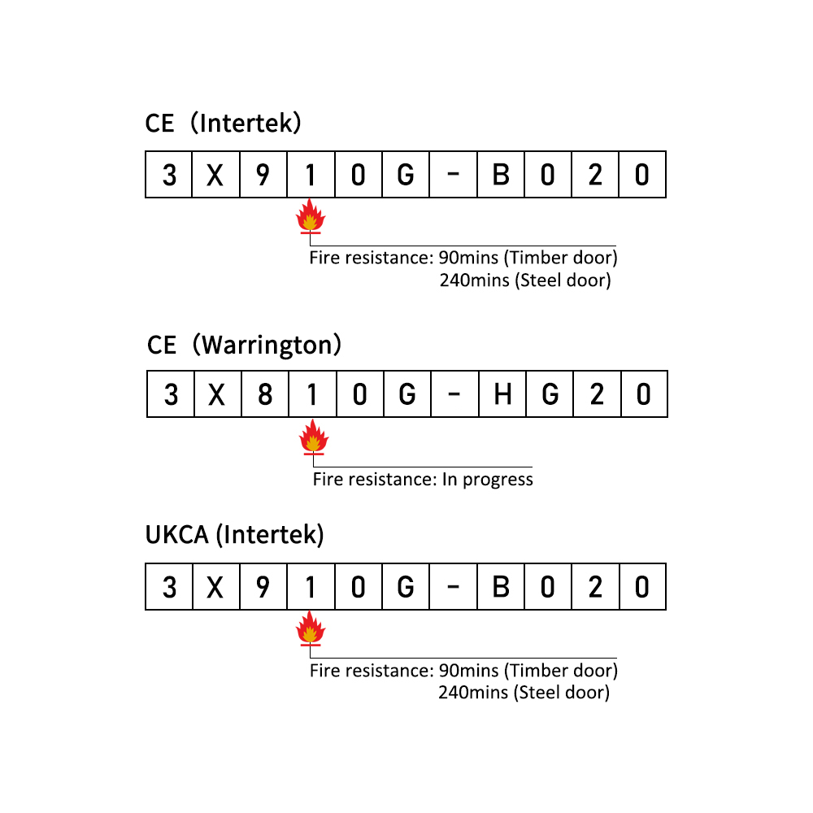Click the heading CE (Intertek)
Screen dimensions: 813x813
(223, 124)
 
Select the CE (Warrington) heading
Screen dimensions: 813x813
(244, 346)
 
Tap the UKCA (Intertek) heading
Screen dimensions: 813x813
(234, 535)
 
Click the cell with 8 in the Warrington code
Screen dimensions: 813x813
(265, 394)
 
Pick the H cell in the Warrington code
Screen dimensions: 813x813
(502, 394)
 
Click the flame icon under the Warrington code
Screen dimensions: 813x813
(313, 437)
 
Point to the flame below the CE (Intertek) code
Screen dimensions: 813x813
(310, 215)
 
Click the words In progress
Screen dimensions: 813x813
(487, 480)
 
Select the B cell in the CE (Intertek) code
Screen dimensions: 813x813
(501, 175)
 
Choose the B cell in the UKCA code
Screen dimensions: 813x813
(501, 587)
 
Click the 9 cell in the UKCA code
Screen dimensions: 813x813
(263, 587)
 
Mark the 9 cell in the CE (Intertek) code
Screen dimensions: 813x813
(263, 175)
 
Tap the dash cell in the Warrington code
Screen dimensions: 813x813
(454, 394)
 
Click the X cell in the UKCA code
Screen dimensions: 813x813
(216, 587)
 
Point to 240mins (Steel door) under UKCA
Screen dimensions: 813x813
(524, 693)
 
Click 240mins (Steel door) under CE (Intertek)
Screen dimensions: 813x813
(525, 280)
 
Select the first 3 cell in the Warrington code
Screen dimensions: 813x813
(171, 394)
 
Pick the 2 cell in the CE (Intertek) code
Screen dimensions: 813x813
(595, 175)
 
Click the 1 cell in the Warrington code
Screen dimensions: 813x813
(313, 394)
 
